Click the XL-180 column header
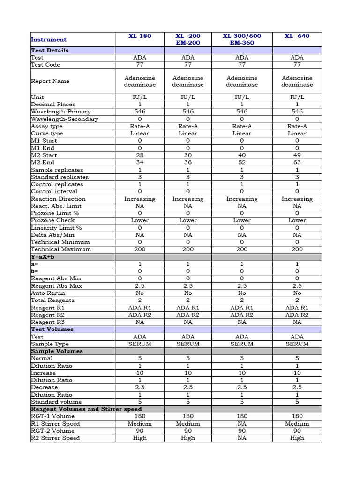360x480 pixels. pyautogui.click(x=140, y=36)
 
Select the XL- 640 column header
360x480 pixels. pyautogui.click(x=297, y=36)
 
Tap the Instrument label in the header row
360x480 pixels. pyautogui.click(x=49, y=40)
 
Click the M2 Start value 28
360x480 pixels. pyautogui.click(x=140, y=155)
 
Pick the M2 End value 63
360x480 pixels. pyautogui.click(x=297, y=163)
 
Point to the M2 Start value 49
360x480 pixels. pyautogui.click(x=297, y=155)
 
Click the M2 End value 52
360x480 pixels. pyautogui.click(x=242, y=163)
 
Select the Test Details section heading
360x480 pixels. pyautogui.click(x=50, y=50)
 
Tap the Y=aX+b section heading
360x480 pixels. pyautogui.click(x=43, y=257)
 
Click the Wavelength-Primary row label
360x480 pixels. pyautogui.click(x=61, y=112)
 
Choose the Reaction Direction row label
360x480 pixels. pyautogui.click(x=58, y=199)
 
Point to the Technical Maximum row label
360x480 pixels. pyautogui.click(x=61, y=249)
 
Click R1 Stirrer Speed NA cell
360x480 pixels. pyautogui.click(x=242, y=424)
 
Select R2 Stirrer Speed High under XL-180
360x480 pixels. pyautogui.click(x=140, y=438)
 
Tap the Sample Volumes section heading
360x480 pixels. pyautogui.click(x=57, y=351)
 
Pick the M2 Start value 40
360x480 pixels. pyautogui.click(x=242, y=155)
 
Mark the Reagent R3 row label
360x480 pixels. pyautogui.click(x=48, y=322)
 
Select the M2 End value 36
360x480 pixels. pyautogui.click(x=188, y=163)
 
